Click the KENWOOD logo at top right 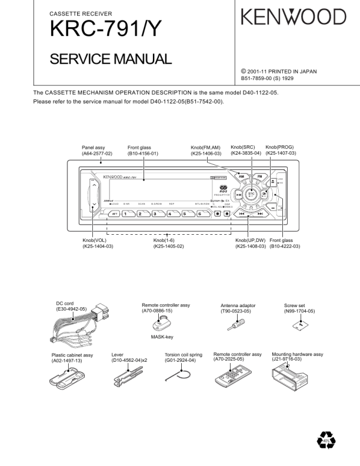coord(294,16)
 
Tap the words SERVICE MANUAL coord(111,59)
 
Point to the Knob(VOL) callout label coord(98,243)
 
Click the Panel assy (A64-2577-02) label coord(97,150)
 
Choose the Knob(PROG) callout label coord(280,150)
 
